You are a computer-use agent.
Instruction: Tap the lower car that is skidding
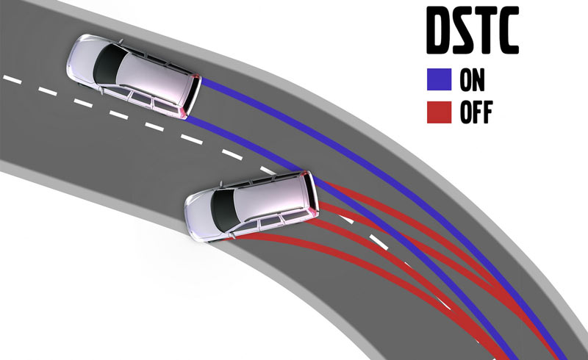point(250,204)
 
